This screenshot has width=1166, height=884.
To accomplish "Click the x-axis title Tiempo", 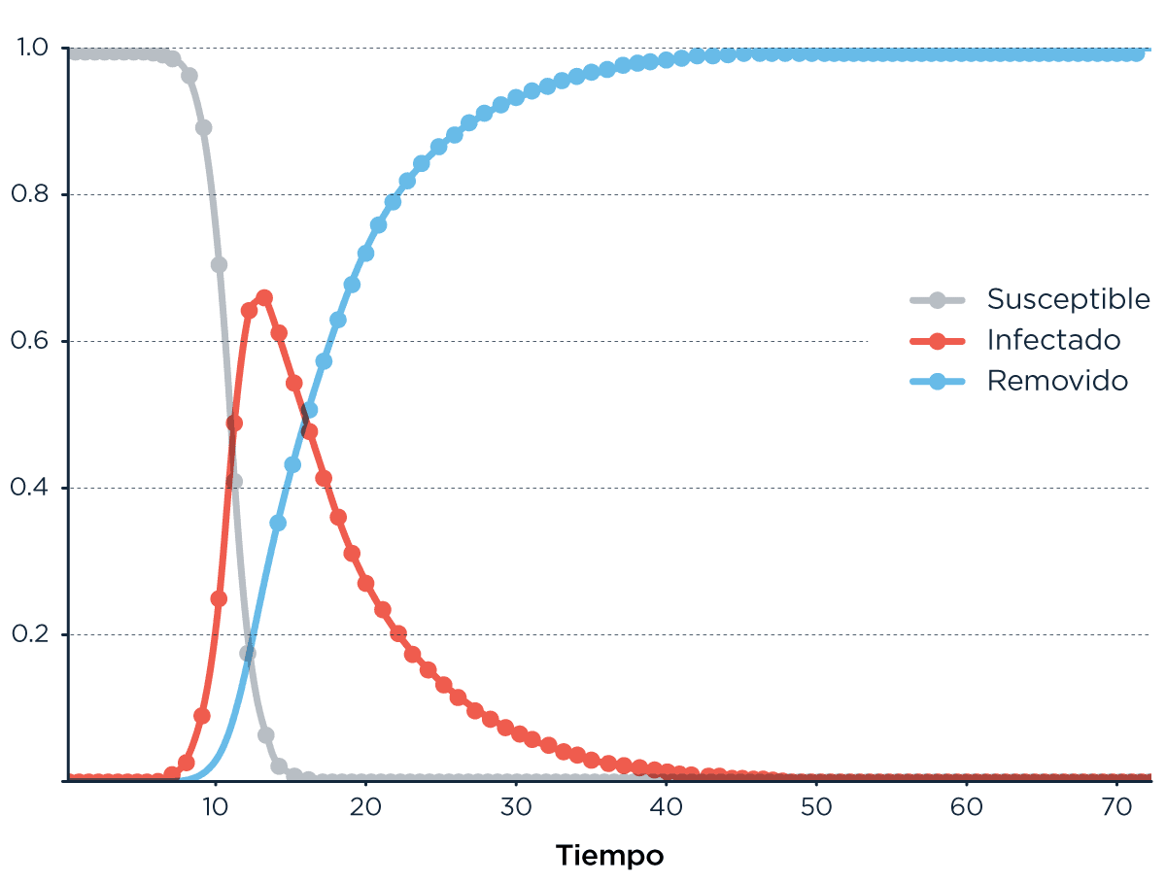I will [610, 856].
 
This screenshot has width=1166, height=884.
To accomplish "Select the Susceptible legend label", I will [1068, 299].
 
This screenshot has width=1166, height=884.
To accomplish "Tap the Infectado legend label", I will [1053, 340].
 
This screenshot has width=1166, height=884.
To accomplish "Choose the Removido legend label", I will [1057, 381].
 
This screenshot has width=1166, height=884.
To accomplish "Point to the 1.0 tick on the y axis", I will [35, 48].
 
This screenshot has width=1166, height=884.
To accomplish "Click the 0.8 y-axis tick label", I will [35, 194].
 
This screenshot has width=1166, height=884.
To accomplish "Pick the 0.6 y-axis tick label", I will [35, 341].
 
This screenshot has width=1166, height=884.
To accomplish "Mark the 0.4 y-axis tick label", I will [35, 488].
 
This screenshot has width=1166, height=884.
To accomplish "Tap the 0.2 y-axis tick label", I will [35, 634].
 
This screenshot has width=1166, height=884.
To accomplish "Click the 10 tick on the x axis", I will [215, 807].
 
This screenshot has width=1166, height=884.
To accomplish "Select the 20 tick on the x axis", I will [365, 807].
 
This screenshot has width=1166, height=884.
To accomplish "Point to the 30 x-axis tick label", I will [515, 807].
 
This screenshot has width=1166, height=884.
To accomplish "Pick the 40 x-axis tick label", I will [666, 807].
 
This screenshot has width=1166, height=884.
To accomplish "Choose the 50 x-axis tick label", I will [815, 807].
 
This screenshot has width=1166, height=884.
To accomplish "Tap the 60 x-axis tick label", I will [966, 807].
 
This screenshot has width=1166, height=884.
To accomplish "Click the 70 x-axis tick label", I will [1115, 807].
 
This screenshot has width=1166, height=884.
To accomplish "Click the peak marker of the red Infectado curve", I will [264, 297].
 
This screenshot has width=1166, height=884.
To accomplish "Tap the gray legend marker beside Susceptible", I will [938, 299].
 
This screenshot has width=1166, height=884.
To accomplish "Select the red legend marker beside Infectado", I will [938, 340].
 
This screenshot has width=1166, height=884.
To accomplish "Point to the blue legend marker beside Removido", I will [938, 381].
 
